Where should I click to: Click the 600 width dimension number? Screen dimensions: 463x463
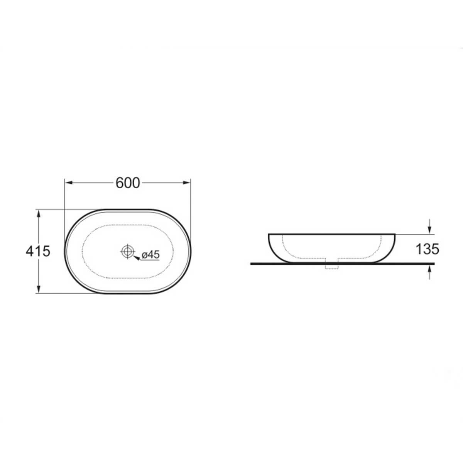[128, 183]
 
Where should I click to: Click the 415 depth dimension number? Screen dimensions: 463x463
[38, 251]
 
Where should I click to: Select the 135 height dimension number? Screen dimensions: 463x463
[428, 249]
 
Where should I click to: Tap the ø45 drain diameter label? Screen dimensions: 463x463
[150, 255]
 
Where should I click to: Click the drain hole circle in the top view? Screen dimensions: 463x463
[127, 251]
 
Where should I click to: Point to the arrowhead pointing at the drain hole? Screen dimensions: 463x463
[136, 258]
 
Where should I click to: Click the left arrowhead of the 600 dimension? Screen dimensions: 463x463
[69, 183]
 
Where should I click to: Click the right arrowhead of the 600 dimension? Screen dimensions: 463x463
[186, 183]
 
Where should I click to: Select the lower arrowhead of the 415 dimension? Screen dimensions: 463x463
[38, 289]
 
